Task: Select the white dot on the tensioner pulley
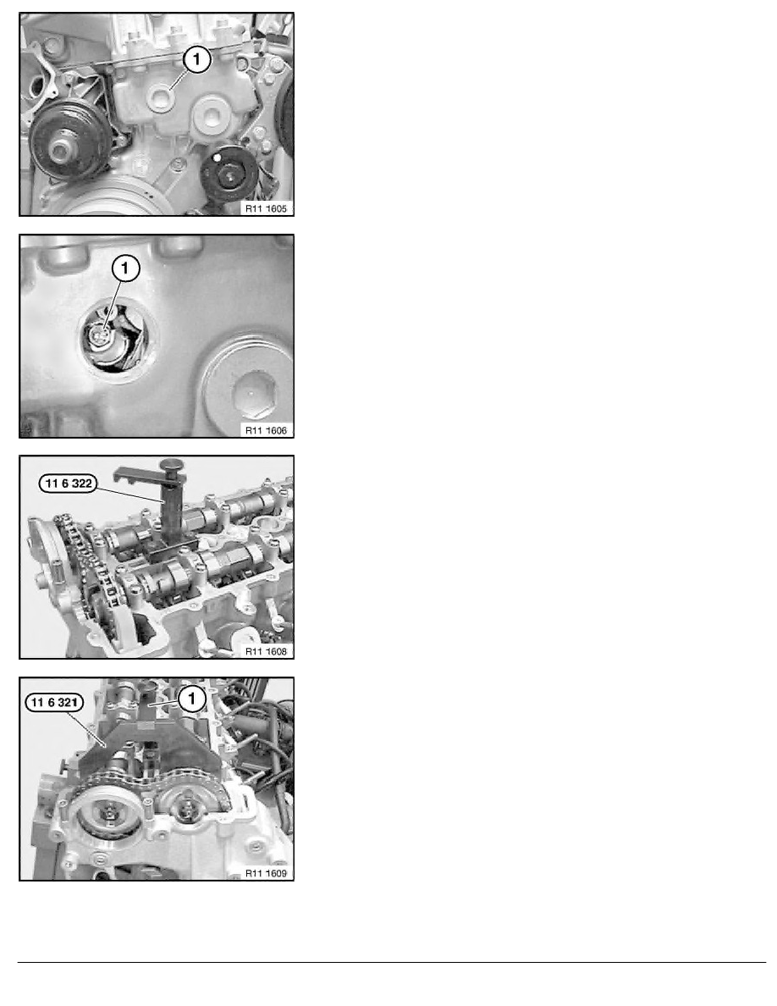click(218, 158)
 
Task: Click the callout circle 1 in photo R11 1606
click(125, 269)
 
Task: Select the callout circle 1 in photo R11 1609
click(191, 699)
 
